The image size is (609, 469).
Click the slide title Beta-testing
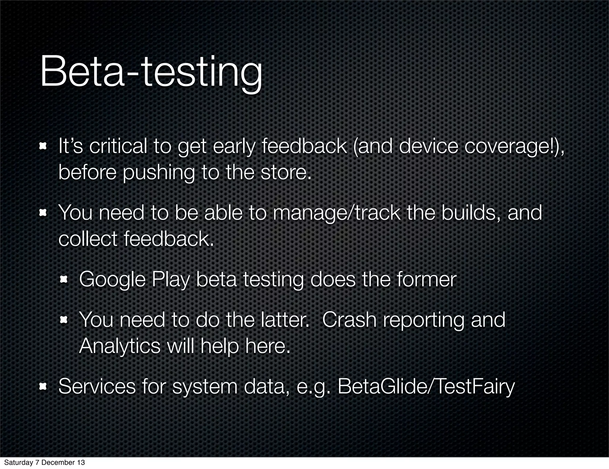(151, 73)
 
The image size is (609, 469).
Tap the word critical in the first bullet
(118, 146)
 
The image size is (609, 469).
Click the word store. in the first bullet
(286, 173)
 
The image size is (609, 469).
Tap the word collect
(88, 239)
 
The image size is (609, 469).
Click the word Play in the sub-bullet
(170, 280)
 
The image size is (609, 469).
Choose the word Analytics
(120, 346)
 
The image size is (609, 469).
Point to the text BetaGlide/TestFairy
(426, 387)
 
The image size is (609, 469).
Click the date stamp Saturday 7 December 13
(44, 462)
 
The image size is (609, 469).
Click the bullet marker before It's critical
(43, 146)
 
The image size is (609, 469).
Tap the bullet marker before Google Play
(64, 279)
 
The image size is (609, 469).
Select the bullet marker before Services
(43, 386)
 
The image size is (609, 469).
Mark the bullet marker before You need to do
(64, 320)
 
